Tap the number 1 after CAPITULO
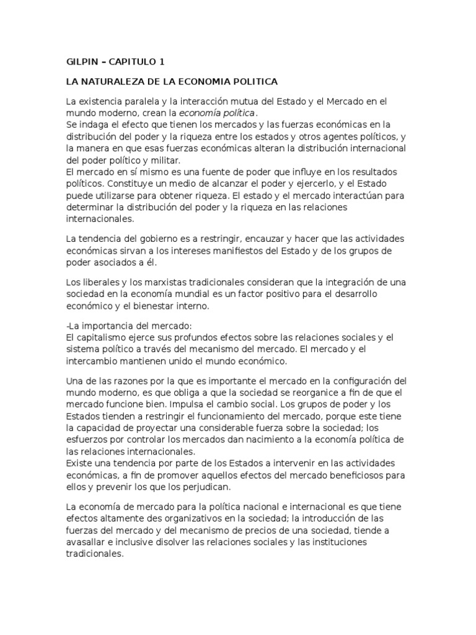pyautogui.click(x=163, y=62)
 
